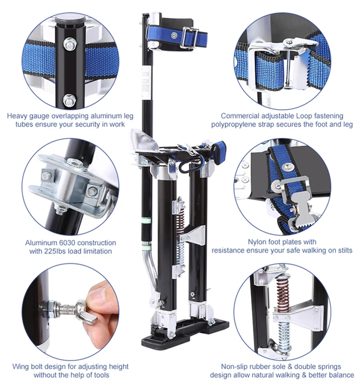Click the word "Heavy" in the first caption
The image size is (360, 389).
(x=17, y=116)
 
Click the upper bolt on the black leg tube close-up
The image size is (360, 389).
(x=70, y=44)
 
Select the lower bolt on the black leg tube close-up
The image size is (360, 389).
(x=69, y=100)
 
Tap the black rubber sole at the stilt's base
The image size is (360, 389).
(x=185, y=333)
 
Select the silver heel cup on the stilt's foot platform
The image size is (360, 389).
(x=142, y=140)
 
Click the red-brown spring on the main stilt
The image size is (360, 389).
(x=181, y=221)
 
